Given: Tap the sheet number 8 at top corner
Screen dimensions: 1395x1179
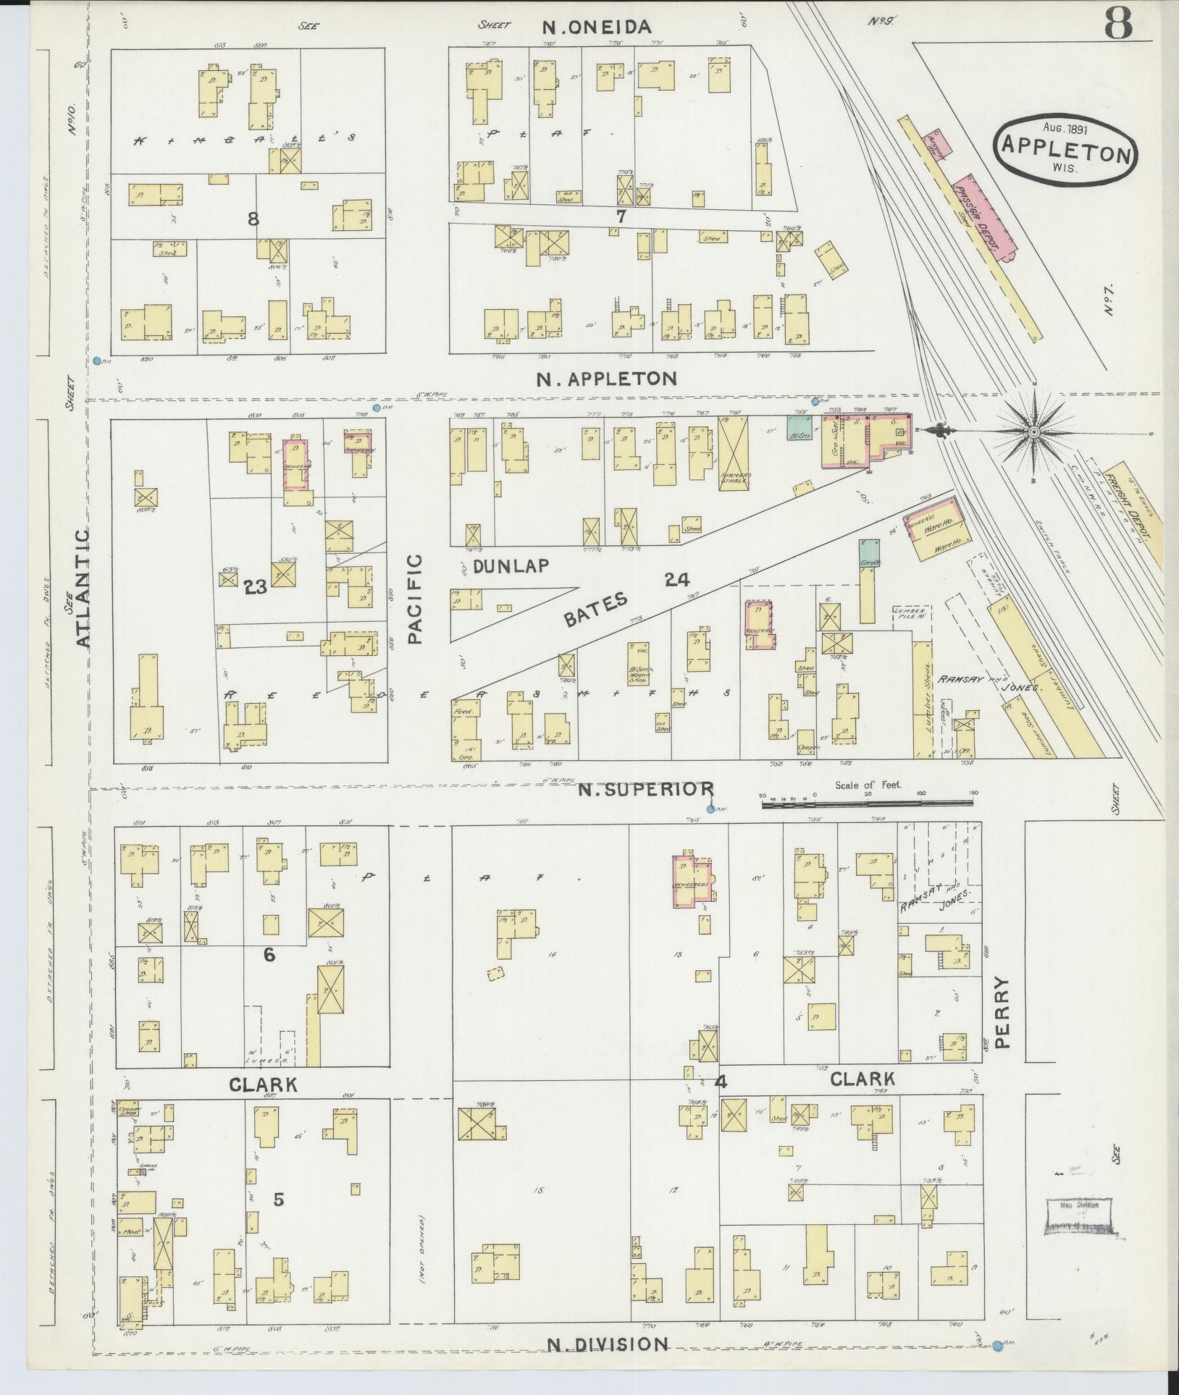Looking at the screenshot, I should [1118, 25].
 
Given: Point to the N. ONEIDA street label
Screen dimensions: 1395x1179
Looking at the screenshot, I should [597, 27].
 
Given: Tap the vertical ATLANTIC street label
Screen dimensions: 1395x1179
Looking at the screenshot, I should [83, 588].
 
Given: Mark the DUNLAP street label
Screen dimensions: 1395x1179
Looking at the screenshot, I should [511, 566].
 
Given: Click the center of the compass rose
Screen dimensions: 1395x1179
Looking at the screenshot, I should [1033, 432].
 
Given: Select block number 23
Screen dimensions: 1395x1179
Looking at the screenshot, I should [256, 587].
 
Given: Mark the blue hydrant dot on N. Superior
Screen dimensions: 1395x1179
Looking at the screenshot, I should [710, 809].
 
